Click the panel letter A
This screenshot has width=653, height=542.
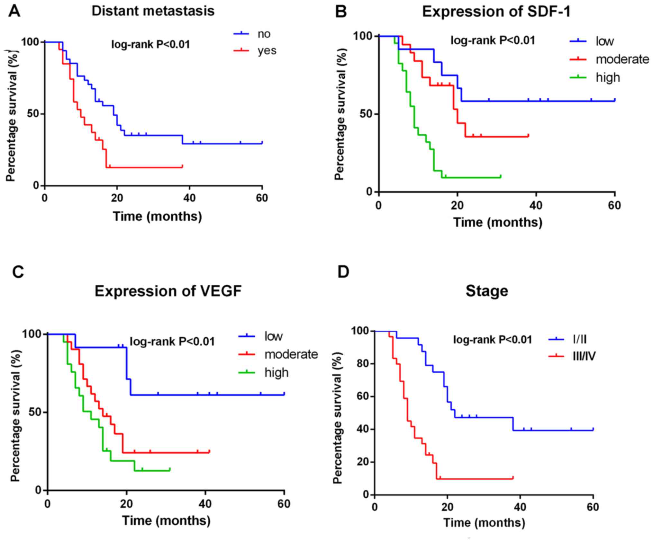(14, 12)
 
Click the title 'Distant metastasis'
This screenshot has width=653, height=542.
(153, 11)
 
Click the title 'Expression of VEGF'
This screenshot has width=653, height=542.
(168, 291)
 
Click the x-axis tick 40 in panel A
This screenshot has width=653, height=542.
(189, 198)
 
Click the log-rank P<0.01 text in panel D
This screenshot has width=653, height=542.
(492, 340)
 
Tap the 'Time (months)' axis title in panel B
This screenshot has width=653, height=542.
(498, 222)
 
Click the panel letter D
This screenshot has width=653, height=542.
(343, 272)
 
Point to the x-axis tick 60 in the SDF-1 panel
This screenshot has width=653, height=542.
(614, 205)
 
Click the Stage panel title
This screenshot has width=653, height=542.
(487, 291)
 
